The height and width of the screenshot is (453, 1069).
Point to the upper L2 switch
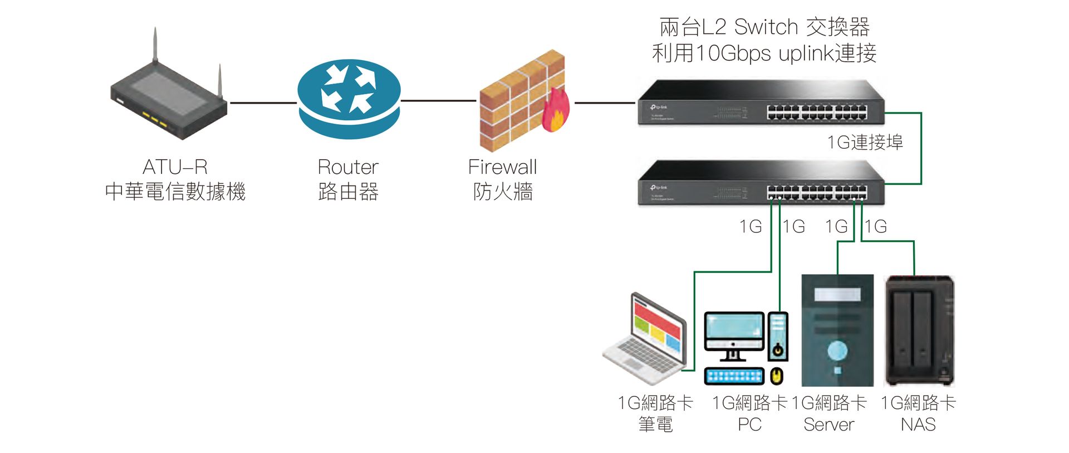tap(761, 103)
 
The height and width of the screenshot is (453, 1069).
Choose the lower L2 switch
tap(761, 183)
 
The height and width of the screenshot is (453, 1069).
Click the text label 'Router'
tap(348, 167)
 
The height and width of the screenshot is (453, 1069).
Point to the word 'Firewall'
tap(502, 167)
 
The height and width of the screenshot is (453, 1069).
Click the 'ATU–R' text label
tap(175, 167)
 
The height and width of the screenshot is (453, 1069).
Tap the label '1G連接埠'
tap(865, 143)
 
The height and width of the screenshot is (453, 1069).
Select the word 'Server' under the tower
tap(828, 425)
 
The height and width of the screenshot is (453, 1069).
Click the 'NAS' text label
tap(918, 425)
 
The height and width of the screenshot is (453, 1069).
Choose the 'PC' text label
tap(749, 425)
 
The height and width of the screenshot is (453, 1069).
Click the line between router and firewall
tap(439, 101)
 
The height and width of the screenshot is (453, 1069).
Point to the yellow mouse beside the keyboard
tap(777, 376)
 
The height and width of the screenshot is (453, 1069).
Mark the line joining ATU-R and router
tap(263, 103)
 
